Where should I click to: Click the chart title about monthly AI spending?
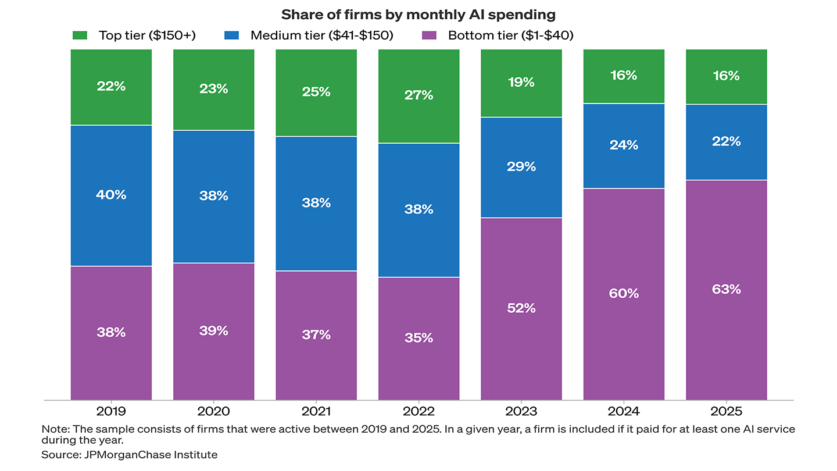(x=418, y=15)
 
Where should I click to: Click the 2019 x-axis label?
(x=111, y=412)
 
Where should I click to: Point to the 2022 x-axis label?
(x=419, y=412)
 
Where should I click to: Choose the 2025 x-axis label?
(x=726, y=412)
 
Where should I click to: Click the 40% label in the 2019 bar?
(x=111, y=195)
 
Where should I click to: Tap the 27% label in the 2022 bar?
(x=419, y=95)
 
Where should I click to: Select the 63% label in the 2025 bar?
(x=726, y=289)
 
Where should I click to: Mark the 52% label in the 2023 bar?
(x=521, y=308)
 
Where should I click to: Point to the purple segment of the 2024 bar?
(x=624, y=337)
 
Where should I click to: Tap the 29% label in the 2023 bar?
(x=521, y=166)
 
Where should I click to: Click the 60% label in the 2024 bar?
(x=624, y=293)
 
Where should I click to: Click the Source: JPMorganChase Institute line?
(x=129, y=455)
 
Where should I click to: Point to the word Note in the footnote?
(x=52, y=429)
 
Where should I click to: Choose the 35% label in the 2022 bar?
(x=419, y=337)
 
